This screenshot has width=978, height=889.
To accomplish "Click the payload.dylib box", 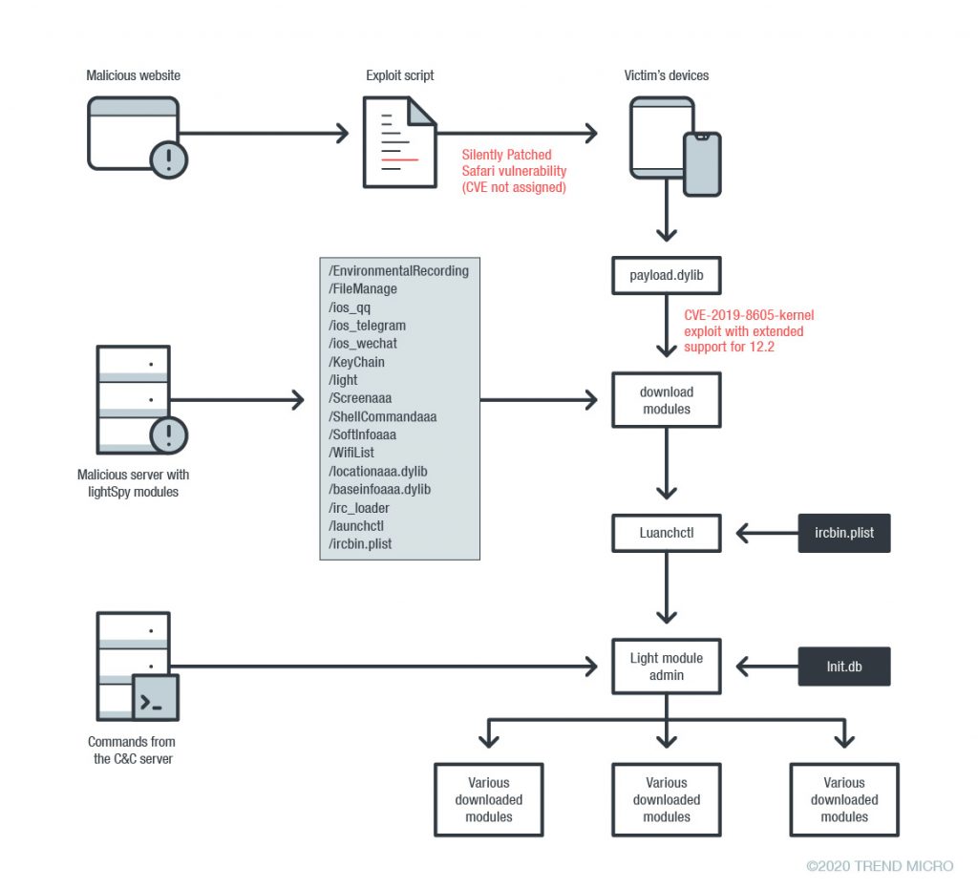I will [x=666, y=275].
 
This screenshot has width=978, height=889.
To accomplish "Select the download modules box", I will [x=666, y=400].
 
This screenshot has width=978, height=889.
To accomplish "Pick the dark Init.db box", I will [x=844, y=667].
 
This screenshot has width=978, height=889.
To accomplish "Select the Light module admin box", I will [x=666, y=667].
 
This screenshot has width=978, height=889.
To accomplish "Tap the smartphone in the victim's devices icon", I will [x=701, y=163].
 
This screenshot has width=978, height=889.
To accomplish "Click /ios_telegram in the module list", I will [x=367, y=326].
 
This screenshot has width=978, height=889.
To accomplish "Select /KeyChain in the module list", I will [x=356, y=362].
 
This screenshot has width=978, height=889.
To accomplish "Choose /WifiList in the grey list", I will [x=353, y=453].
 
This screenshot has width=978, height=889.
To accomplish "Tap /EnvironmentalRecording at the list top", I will [x=398, y=271].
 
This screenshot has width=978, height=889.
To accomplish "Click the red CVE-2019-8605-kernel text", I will [x=749, y=314].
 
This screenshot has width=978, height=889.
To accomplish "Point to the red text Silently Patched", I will [x=507, y=155].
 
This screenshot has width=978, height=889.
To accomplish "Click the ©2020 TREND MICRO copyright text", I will [x=880, y=866].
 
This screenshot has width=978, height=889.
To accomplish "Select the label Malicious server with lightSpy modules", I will [x=134, y=483].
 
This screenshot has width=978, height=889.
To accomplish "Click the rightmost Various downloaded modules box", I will [x=844, y=800].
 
